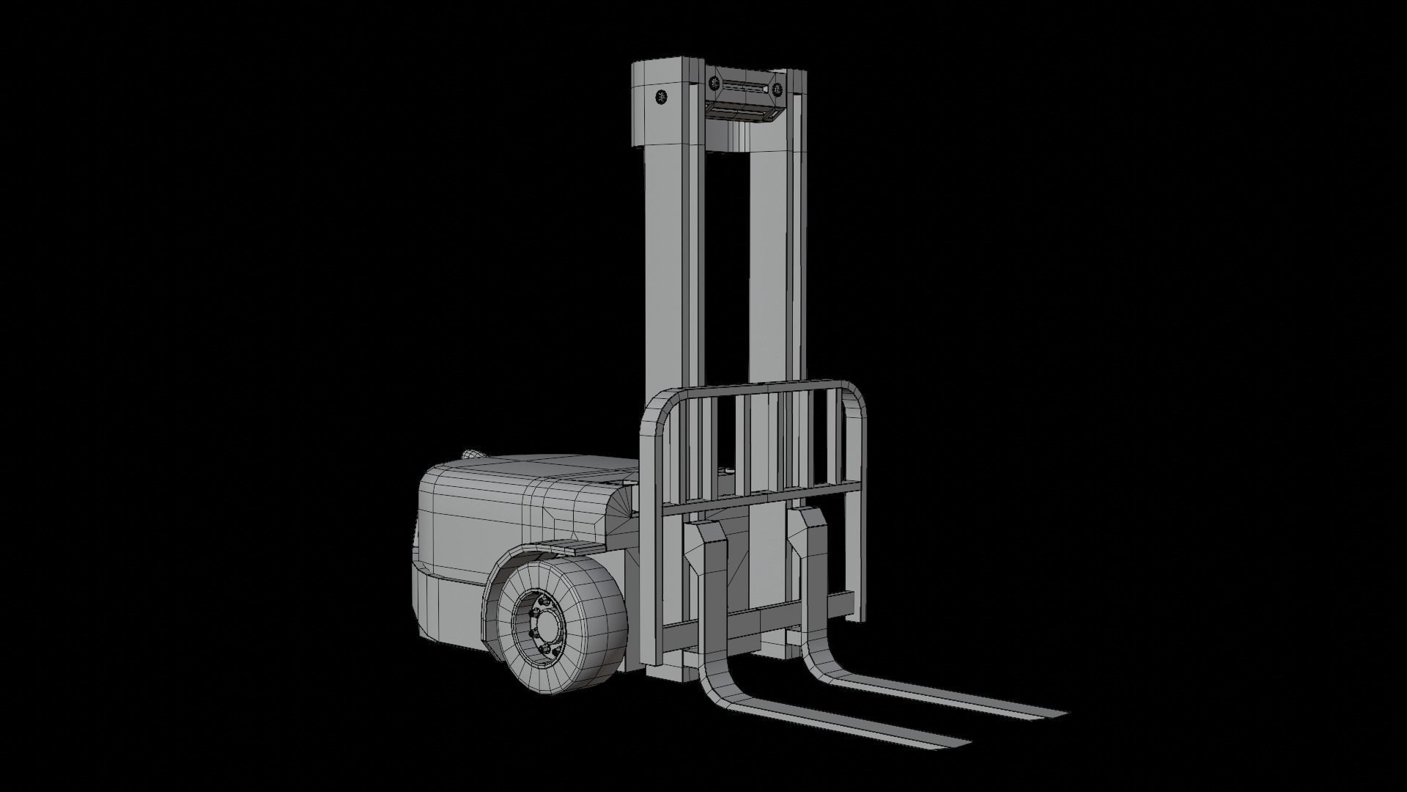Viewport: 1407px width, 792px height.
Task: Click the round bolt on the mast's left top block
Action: [660, 98]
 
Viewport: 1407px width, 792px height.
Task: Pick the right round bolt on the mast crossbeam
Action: [778, 90]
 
